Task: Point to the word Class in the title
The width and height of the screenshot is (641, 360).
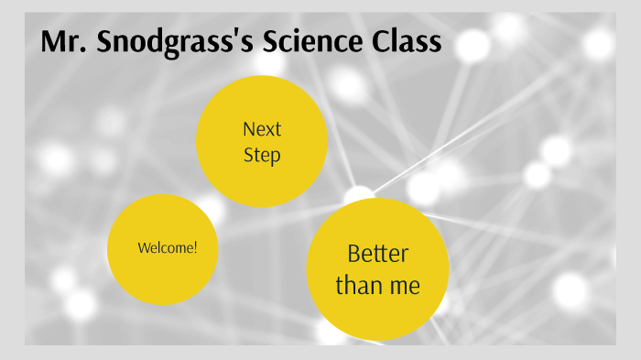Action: [x=408, y=43]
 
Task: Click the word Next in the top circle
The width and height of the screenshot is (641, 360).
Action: [x=262, y=129]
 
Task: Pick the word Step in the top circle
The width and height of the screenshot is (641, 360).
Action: [x=262, y=156]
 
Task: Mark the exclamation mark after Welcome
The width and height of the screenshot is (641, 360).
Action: [x=194, y=248]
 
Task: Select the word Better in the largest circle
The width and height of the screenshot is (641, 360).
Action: [x=377, y=254]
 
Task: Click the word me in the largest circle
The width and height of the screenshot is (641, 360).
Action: [x=404, y=286]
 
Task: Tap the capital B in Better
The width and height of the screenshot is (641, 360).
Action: [x=354, y=254]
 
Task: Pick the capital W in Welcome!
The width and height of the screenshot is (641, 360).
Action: [x=144, y=248]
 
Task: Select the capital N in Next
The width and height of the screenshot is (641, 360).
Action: [x=248, y=129]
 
